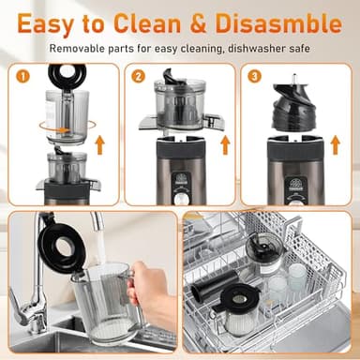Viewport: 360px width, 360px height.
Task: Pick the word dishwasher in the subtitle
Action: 242,48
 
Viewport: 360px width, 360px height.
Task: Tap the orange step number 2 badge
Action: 139,76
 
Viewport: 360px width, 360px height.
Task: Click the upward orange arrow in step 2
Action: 224,144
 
